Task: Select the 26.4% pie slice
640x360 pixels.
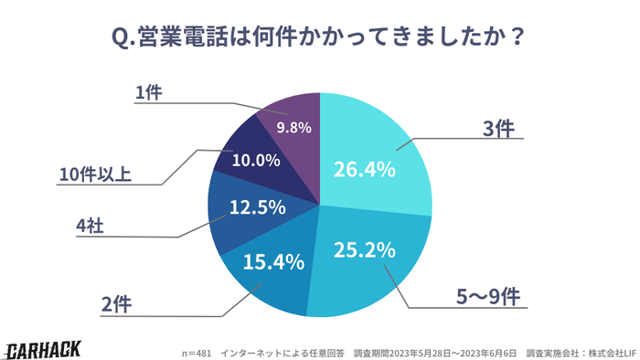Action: click(370, 160)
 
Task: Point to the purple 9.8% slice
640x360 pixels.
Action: click(293, 123)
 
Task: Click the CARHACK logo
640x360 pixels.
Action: click(43, 348)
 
